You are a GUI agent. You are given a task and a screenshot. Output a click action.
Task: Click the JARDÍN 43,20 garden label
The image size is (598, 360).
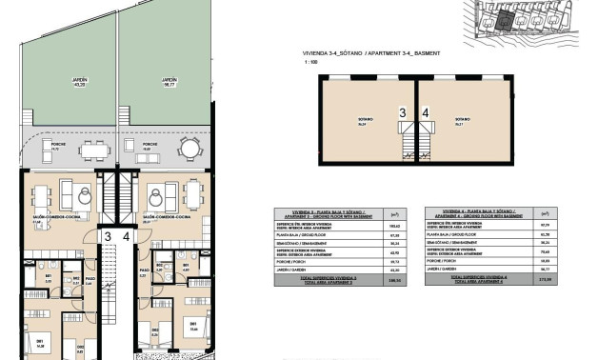pyautogui.click(x=68, y=83)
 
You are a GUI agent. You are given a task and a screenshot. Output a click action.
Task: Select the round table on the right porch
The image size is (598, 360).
pyautogui.click(x=189, y=149)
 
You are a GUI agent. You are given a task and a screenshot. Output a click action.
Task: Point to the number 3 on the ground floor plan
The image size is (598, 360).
pyautogui.click(x=109, y=236)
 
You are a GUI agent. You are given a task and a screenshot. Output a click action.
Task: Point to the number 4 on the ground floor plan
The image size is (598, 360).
pyautogui.click(x=125, y=236)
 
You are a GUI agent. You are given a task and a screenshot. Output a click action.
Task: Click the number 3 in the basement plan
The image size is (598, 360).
pyautogui.click(x=402, y=112)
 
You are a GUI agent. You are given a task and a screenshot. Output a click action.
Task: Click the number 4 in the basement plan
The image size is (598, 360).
pyautogui.click(x=426, y=112)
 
